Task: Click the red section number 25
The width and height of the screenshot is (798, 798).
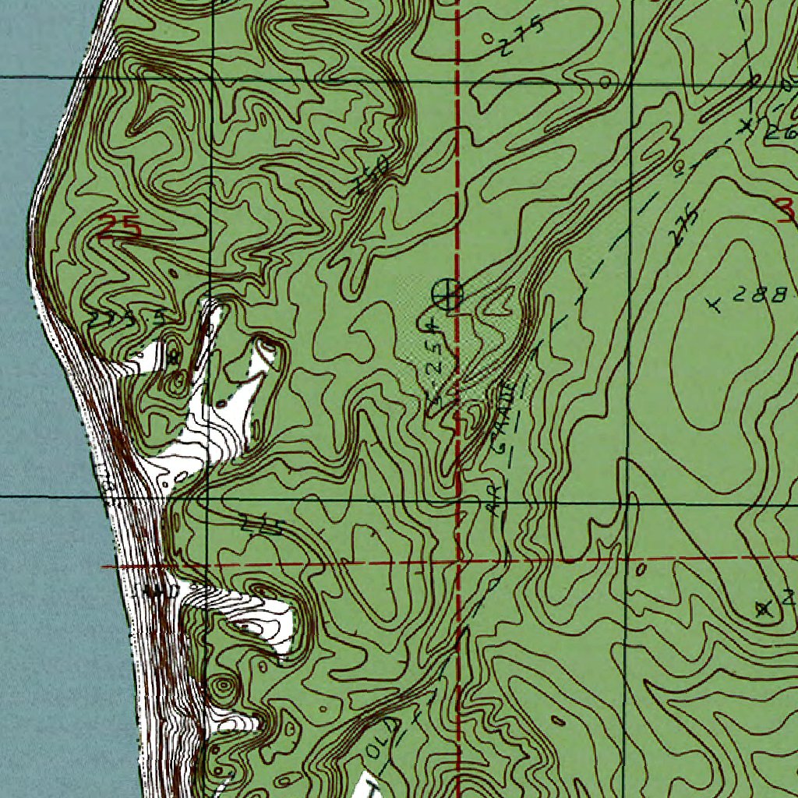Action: pyautogui.click(x=120, y=228)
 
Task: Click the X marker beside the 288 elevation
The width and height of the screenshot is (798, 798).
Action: pyautogui.click(x=713, y=304)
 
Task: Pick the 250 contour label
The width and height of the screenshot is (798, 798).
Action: pyautogui.click(x=371, y=176)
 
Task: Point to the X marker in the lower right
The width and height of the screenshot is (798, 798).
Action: pyautogui.click(x=764, y=609)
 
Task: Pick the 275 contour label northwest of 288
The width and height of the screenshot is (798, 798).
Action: pyautogui.click(x=683, y=226)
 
